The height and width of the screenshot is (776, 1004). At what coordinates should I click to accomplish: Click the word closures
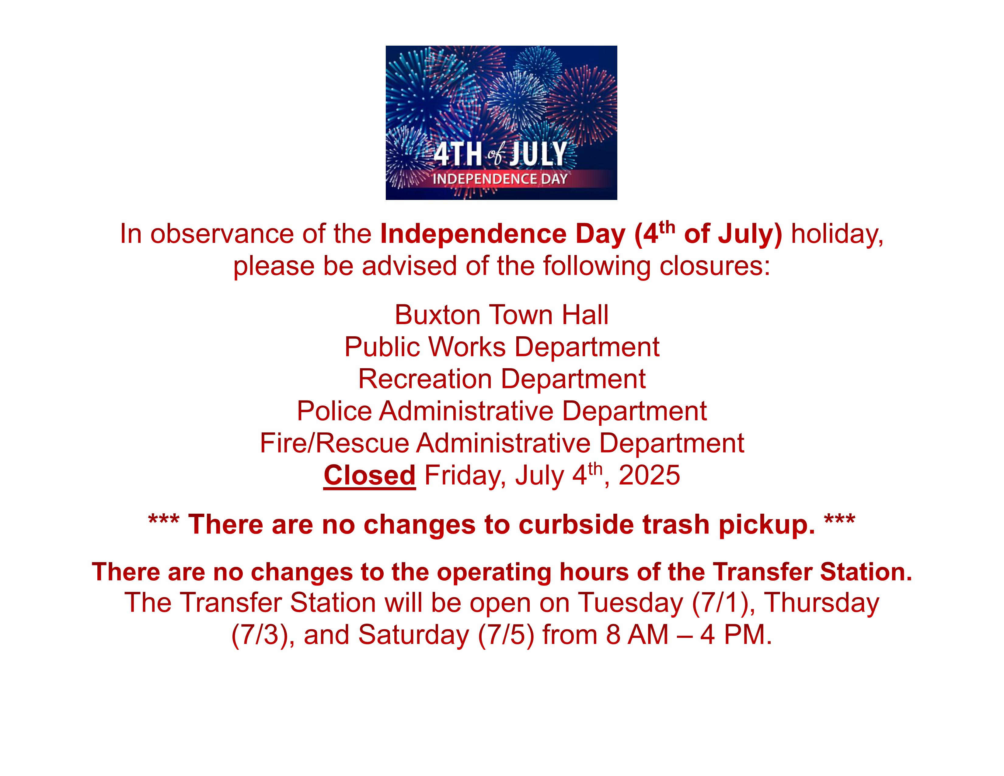point(714,266)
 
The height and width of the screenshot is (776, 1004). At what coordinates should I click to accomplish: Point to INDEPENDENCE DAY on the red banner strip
point(500,179)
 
